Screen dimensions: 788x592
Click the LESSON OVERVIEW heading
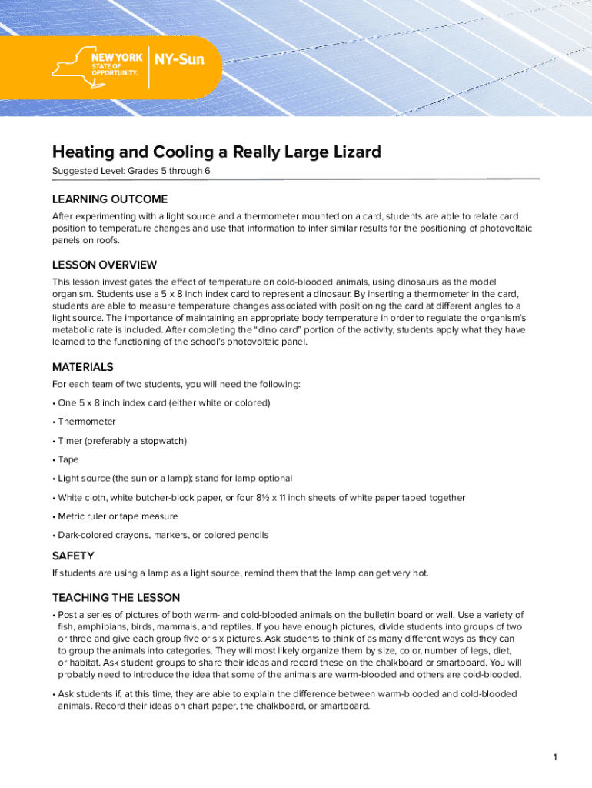pyautogui.click(x=105, y=265)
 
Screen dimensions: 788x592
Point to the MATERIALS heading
pyautogui.click(x=82, y=367)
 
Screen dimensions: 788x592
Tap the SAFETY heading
pyautogui.click(x=73, y=556)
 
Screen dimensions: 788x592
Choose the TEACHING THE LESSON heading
pyautogui.click(x=116, y=598)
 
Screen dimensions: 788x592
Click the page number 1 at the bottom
pyautogui.click(x=554, y=758)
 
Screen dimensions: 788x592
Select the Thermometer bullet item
pyautogui.click(x=87, y=422)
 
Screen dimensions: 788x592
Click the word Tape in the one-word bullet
pyautogui.click(x=68, y=459)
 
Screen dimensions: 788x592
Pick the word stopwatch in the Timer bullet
pyautogui.click(x=162, y=441)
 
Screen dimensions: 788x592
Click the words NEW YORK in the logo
pyautogui.click(x=117, y=58)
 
